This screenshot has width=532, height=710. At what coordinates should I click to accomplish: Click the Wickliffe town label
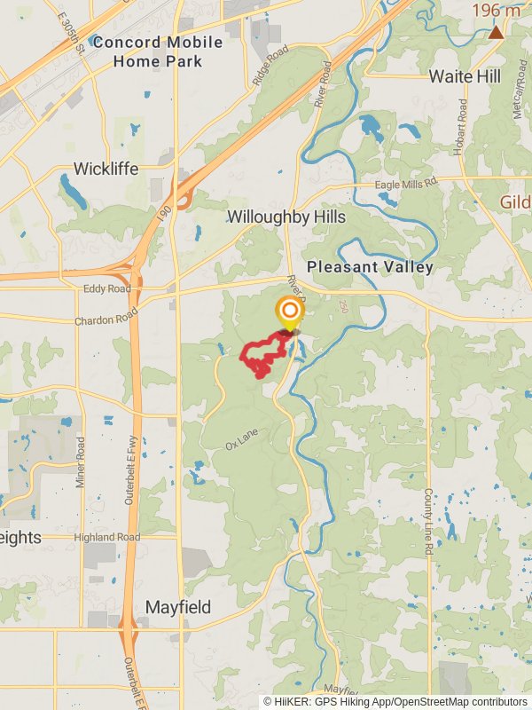(106, 169)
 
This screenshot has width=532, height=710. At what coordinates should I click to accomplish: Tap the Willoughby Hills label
(286, 217)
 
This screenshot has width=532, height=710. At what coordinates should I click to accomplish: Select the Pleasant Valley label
(370, 267)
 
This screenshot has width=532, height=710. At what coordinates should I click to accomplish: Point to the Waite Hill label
(465, 76)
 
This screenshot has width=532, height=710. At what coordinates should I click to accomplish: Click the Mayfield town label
(178, 608)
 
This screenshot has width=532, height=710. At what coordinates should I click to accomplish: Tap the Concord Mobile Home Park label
(159, 51)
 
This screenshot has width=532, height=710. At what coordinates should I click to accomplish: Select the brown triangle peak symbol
(496, 33)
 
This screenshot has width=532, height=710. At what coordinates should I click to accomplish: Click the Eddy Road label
(106, 289)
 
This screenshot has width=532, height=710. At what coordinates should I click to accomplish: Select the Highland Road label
(106, 538)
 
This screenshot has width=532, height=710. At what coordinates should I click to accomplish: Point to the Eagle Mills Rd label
(407, 183)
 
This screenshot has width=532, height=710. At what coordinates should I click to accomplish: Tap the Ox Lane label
(240, 440)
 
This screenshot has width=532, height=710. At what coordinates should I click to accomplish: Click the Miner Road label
(82, 461)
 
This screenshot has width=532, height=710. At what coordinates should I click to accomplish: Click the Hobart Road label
(461, 127)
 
